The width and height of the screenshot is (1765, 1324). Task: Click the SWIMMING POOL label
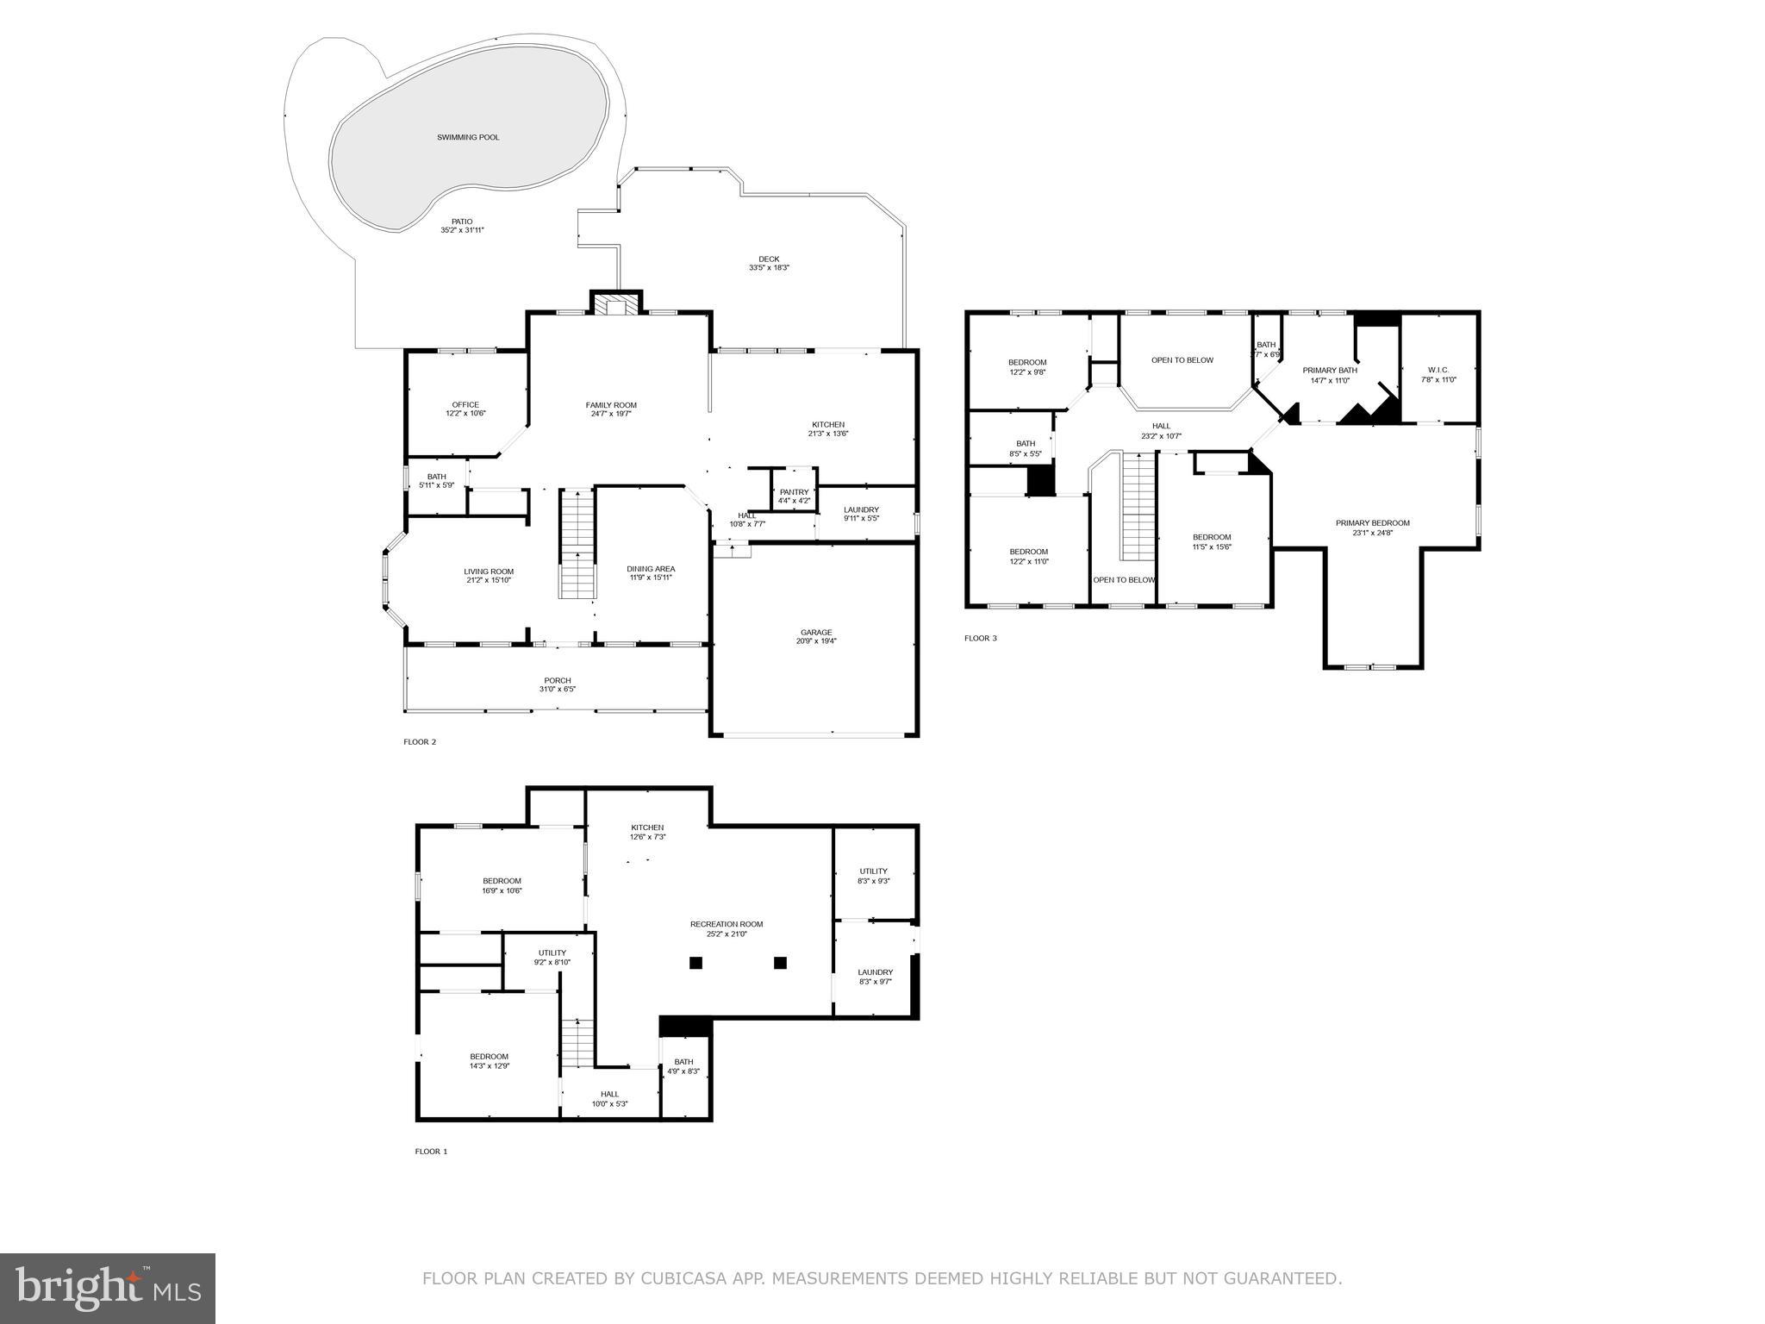[468, 138]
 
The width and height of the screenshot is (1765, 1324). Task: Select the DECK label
[769, 259]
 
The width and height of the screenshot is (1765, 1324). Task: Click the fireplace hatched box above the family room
[616, 309]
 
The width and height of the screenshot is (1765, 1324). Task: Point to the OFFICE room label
[465, 404]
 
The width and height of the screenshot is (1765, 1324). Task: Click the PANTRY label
[794, 492]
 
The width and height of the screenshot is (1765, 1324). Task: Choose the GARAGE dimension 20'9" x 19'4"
[816, 641]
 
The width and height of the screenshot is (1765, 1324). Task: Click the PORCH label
[558, 680]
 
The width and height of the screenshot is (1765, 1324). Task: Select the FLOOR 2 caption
[420, 742]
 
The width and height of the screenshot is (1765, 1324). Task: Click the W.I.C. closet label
[1438, 370]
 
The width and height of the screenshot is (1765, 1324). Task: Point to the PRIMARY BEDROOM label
[1373, 522]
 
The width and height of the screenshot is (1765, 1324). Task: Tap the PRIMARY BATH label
[1330, 370]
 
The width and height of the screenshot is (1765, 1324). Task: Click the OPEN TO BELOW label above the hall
[1182, 360]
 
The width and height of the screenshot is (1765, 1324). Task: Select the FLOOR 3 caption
[980, 639]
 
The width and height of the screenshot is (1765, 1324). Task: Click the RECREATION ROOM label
[727, 924]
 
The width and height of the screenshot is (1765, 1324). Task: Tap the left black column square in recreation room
[696, 963]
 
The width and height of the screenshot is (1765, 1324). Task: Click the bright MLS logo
[108, 1289]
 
